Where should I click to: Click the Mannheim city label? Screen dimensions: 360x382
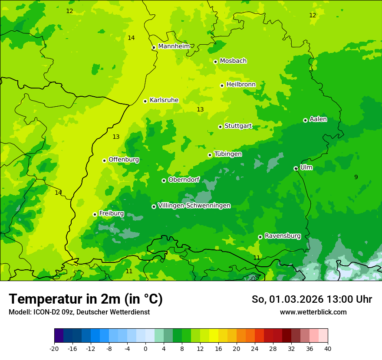click(174, 46)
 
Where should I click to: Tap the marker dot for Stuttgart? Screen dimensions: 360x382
click(220, 127)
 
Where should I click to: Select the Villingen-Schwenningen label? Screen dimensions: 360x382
click(194, 206)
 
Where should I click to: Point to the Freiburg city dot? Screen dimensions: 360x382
click(95, 214)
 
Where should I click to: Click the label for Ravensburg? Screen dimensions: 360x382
click(283, 236)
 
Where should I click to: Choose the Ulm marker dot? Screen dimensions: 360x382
click(296, 168)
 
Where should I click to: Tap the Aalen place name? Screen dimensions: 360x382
click(318, 119)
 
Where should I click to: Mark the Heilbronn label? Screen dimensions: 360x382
click(241, 85)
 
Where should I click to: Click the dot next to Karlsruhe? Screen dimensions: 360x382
click(145, 101)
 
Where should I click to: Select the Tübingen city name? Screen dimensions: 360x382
click(228, 154)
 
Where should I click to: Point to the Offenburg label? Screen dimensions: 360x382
click(124, 160)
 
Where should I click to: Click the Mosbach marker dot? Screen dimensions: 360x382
click(215, 62)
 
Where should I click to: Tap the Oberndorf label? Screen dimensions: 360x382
click(184, 180)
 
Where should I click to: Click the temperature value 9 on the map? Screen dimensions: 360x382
click(356, 177)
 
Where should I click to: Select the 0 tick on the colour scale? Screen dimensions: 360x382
click(145, 349)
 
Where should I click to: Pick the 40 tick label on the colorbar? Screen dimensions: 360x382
click(327, 349)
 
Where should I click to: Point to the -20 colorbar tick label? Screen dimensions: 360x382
click(54, 349)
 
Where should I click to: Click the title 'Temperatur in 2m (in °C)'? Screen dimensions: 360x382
click(86, 299)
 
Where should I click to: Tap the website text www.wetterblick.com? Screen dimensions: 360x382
click(313, 312)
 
